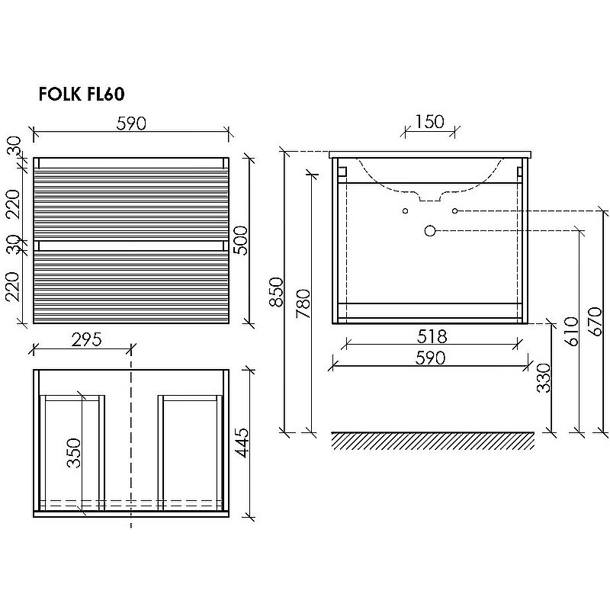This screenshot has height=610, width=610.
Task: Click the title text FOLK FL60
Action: pos(82,95)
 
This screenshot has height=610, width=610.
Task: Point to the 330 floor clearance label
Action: pos(543,377)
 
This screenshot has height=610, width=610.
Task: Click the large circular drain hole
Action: pos(431,230)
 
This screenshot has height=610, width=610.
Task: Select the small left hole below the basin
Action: pos(406,210)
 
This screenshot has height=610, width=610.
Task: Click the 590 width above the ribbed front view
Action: pos(131,123)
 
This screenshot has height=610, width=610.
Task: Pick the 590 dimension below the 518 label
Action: pos(431,358)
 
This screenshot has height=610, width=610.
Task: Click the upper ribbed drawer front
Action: pos(130,201)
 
